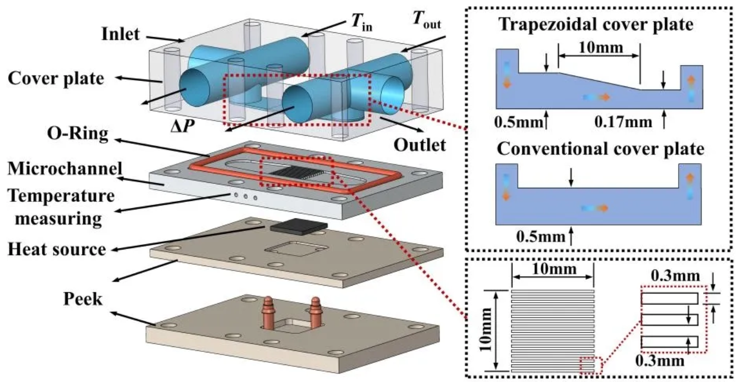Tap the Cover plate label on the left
pyautogui.click(x=56, y=78)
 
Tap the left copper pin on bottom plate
pyautogui.click(x=268, y=311)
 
